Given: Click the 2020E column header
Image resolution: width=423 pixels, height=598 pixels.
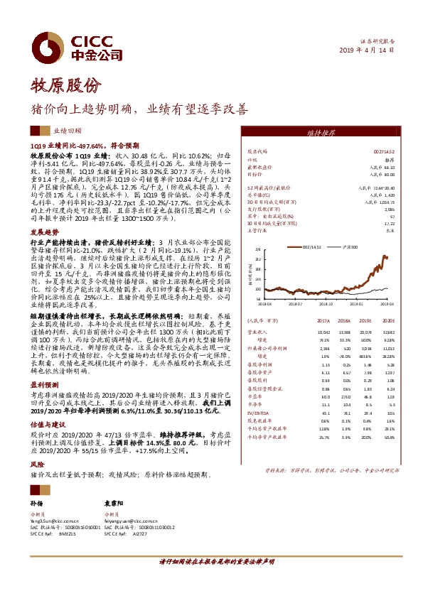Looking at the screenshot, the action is coord(387,340).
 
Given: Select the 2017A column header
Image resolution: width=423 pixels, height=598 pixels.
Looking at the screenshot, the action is coord(323,340).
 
